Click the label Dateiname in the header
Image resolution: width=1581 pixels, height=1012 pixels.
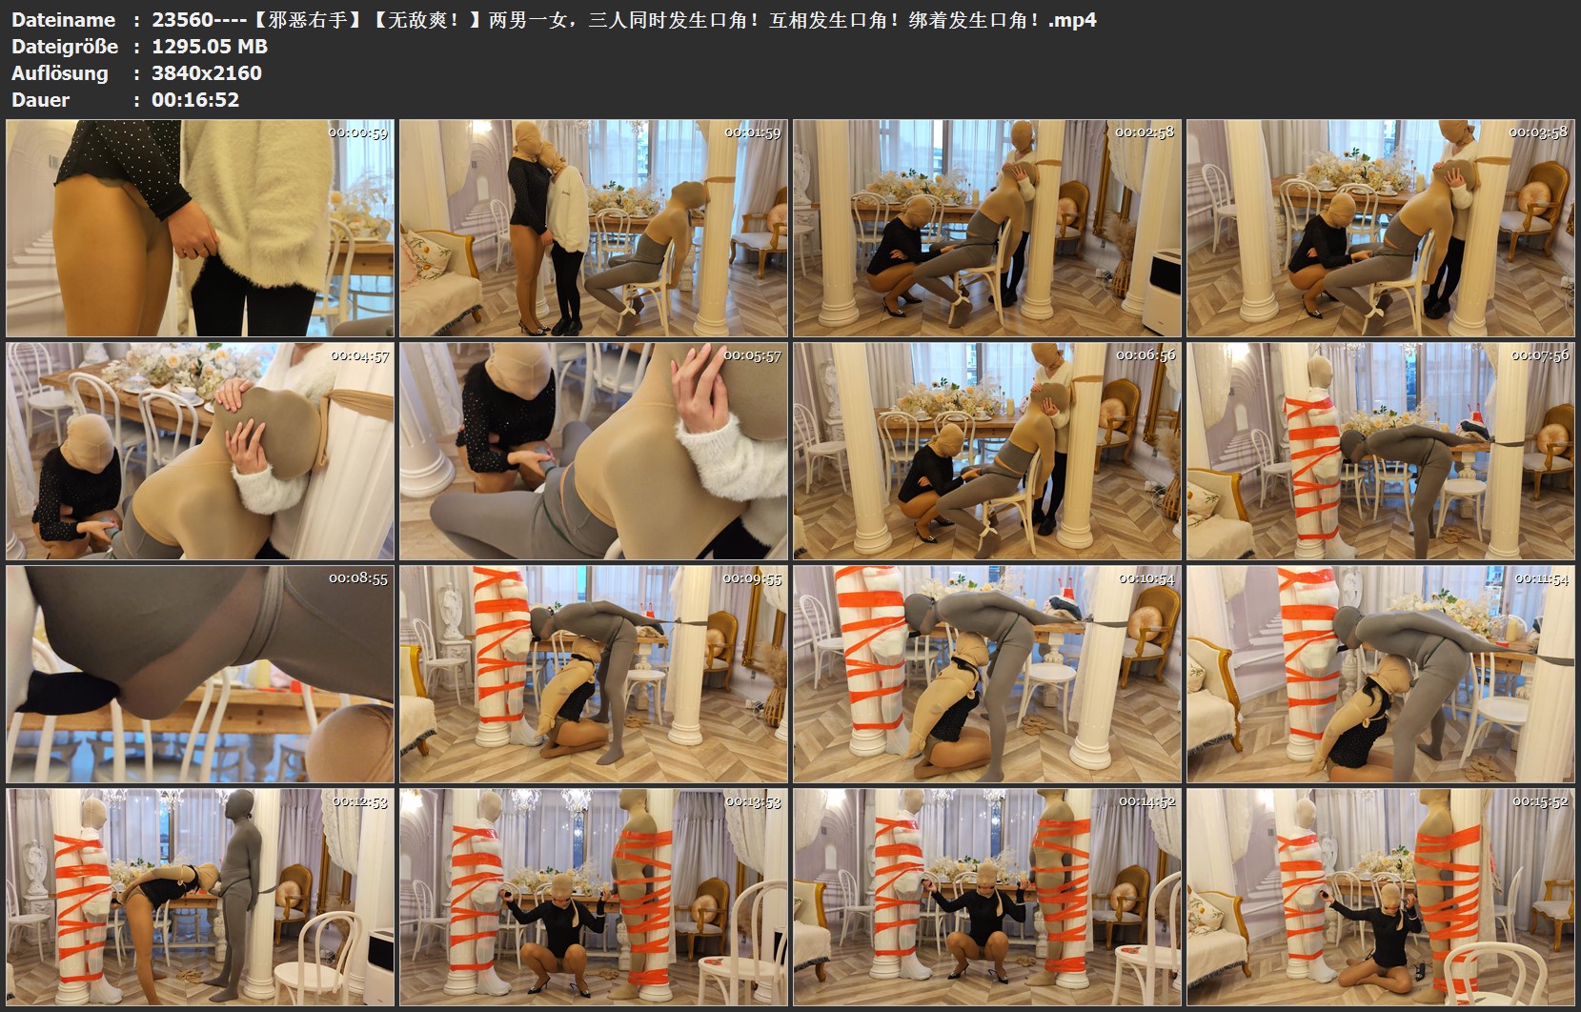click(63, 20)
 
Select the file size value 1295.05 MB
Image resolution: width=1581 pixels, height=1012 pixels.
click(209, 47)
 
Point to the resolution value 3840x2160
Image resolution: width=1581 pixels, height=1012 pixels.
click(206, 73)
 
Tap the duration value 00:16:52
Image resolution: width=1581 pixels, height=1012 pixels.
click(195, 100)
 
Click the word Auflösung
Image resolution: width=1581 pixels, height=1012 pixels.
click(60, 73)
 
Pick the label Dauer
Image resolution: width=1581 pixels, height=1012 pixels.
click(40, 100)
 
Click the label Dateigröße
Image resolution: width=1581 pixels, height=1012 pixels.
click(65, 47)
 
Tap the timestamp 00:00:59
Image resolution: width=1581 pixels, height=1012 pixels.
click(358, 133)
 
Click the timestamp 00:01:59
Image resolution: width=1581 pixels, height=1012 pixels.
click(752, 133)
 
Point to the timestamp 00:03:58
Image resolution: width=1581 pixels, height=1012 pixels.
click(1538, 132)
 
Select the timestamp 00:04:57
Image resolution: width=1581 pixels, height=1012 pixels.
click(359, 356)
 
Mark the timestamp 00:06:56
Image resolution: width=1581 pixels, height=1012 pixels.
click(1145, 355)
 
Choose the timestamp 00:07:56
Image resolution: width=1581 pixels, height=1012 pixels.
click(1539, 356)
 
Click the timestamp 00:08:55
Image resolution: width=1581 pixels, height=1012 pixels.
click(358, 578)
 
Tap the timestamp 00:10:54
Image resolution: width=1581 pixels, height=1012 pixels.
click(1146, 578)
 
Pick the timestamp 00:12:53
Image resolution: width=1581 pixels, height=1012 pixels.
click(359, 802)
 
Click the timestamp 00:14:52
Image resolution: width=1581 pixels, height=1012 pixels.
click(1146, 802)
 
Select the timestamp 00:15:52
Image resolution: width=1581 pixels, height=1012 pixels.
click(1539, 802)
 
